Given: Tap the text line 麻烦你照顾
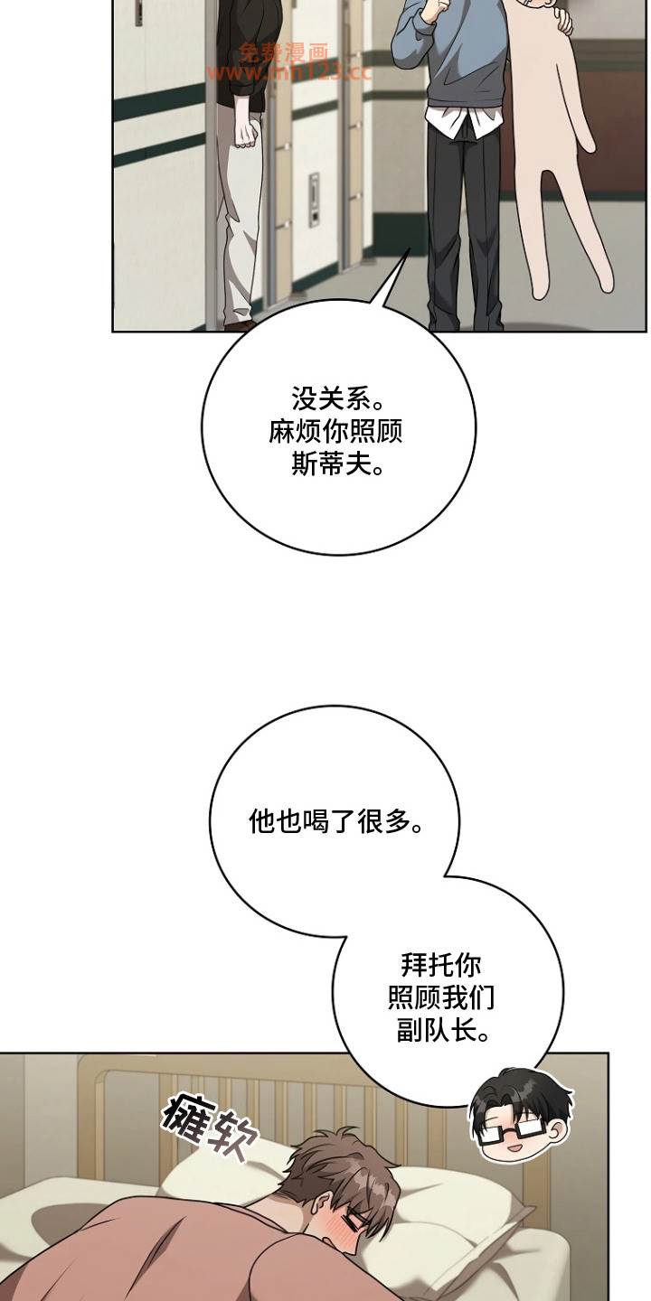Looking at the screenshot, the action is [x=335, y=432].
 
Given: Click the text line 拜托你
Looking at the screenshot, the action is [x=441, y=965].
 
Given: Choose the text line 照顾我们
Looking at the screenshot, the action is [x=441, y=997].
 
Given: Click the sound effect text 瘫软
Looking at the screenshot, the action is [x=209, y=1126].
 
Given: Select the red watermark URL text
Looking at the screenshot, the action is [x=289, y=73].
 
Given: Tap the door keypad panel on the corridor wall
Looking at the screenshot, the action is [x=314, y=199].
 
